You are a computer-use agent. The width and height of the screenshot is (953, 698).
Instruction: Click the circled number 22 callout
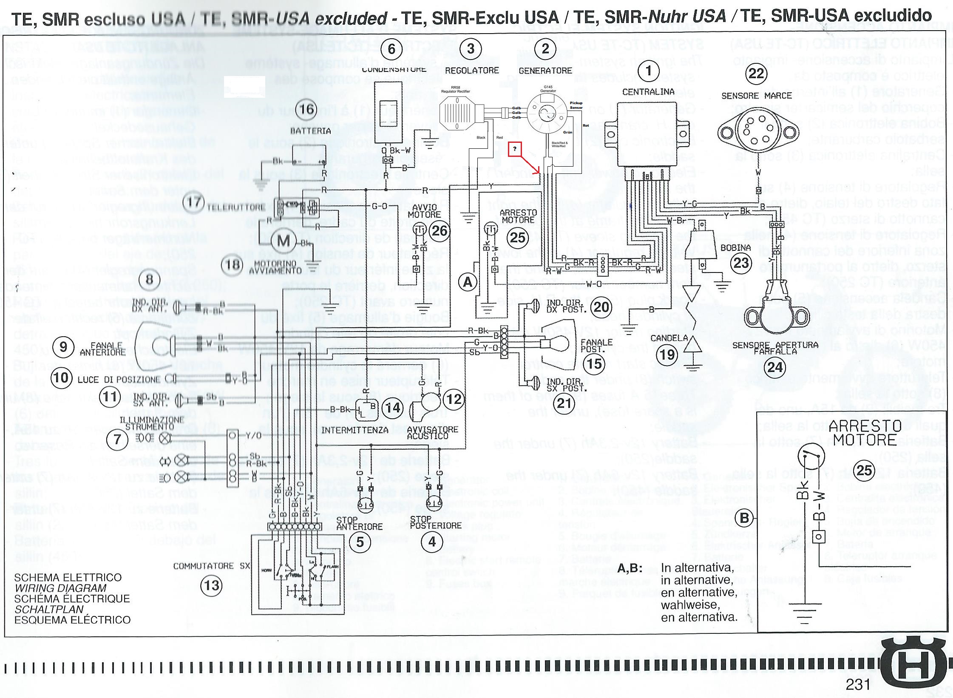[x=756, y=74]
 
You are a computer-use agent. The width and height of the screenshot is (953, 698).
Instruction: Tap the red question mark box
[x=515, y=149]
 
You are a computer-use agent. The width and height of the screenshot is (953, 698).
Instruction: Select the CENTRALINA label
[x=648, y=92]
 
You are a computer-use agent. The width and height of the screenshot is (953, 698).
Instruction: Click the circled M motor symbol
[x=284, y=241]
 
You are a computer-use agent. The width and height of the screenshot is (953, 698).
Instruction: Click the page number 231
[x=858, y=684]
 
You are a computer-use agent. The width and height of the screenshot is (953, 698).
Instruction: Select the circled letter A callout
[x=468, y=282]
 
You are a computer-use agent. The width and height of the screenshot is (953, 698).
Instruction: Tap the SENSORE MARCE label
[x=757, y=96]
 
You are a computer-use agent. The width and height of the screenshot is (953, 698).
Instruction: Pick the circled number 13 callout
[x=212, y=585]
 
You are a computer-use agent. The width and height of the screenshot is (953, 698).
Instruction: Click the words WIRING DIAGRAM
[x=60, y=588]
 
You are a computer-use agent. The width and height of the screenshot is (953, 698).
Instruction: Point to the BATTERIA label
[x=310, y=131]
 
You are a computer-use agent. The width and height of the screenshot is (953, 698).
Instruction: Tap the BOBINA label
[x=735, y=247]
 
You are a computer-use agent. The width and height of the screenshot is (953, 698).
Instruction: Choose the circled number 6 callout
[x=391, y=49]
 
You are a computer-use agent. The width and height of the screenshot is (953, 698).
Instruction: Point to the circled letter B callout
[x=744, y=518]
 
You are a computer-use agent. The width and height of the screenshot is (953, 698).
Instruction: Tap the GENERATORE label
[x=545, y=71]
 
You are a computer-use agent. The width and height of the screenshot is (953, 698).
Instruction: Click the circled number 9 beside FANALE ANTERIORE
[x=63, y=347]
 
